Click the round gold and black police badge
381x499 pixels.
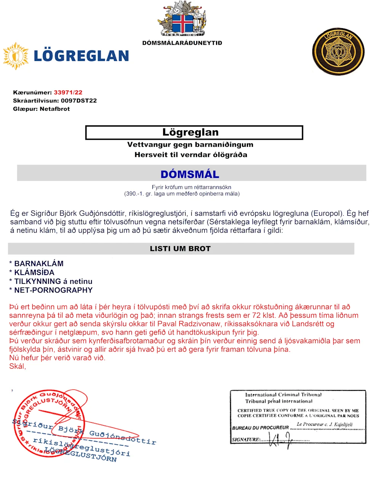tap(338, 51)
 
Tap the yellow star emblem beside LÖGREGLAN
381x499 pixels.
tap(16, 56)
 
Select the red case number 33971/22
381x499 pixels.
tap(68, 93)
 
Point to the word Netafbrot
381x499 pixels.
tap(55, 109)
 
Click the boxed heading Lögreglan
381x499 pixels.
tap(190, 132)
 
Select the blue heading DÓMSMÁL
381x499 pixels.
tap(190, 174)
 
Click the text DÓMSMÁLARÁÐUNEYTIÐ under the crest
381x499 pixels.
tap(182, 43)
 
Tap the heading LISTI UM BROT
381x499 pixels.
tap(180, 249)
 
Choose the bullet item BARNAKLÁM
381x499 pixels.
tap(39, 264)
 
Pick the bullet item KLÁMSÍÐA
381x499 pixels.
tap(34, 272)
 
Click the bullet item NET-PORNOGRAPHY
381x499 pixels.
tap(53, 290)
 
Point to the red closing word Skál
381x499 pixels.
tap(18, 366)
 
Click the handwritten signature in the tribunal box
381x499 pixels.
tap(280, 440)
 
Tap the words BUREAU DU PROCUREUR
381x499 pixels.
tap(261, 428)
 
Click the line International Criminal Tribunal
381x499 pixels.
tap(283, 395)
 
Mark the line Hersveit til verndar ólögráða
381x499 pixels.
tap(190, 155)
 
